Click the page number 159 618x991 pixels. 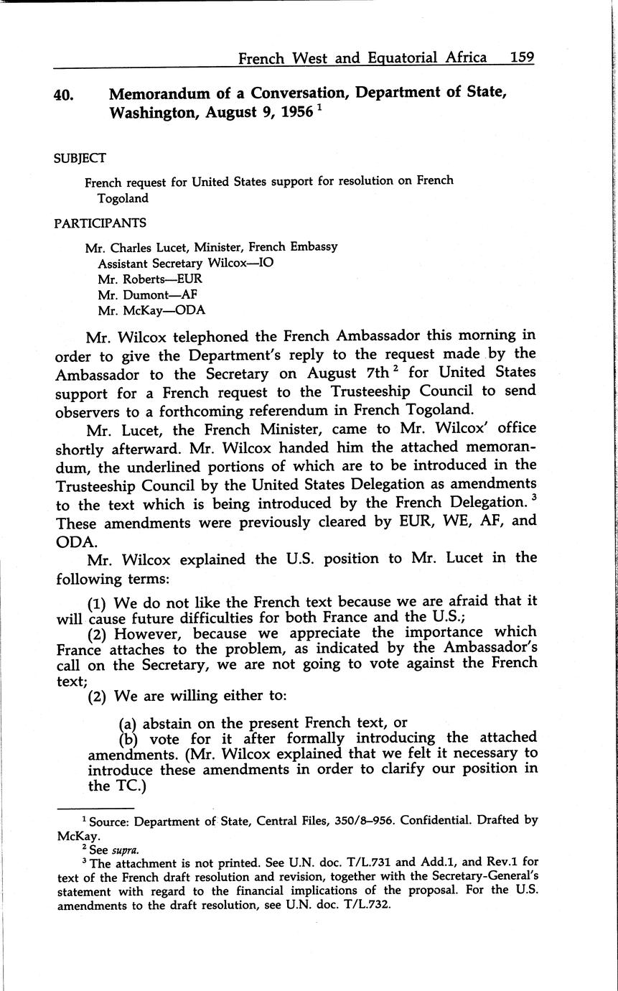pyautogui.click(x=522, y=57)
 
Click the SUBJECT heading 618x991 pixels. pyautogui.click(x=80, y=158)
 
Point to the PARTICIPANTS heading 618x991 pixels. pyautogui.click(x=100, y=223)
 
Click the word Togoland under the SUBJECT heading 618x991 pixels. pyautogui.click(x=123, y=198)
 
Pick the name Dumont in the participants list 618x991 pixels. pyautogui.click(x=143, y=294)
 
